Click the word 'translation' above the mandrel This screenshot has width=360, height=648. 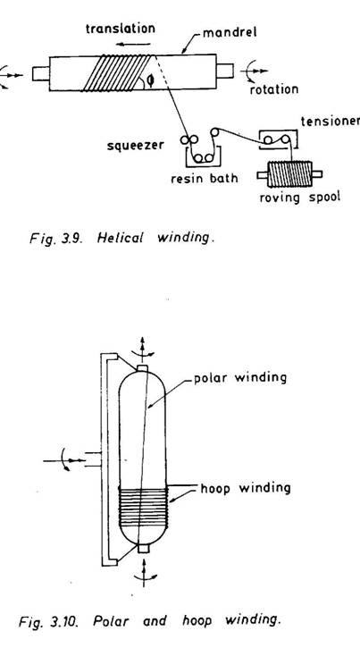pyautogui.click(x=120, y=29)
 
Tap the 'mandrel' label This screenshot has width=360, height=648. pyautogui.click(x=230, y=32)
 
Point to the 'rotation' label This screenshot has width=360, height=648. pyautogui.click(x=273, y=88)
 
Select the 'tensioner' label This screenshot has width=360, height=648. pyautogui.click(x=331, y=121)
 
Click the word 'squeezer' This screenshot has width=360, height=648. pyautogui.click(x=136, y=146)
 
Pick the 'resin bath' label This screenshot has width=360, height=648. pyautogui.click(x=205, y=178)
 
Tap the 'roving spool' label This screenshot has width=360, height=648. pyautogui.click(x=300, y=197)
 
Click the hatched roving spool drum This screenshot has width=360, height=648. pyautogui.click(x=289, y=174)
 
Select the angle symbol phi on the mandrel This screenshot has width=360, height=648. pyautogui.click(x=150, y=81)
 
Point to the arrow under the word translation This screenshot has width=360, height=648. pyautogui.click(x=132, y=44)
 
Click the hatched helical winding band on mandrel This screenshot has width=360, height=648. pyautogui.click(x=119, y=73)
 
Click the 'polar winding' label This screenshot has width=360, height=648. pyautogui.click(x=240, y=378)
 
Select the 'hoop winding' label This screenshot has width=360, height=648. pyautogui.click(x=246, y=488)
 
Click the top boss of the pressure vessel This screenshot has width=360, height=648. pyautogui.click(x=142, y=368)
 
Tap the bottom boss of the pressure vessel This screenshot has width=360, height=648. pyautogui.click(x=143, y=549)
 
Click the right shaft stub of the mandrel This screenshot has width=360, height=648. pyautogui.click(x=225, y=72)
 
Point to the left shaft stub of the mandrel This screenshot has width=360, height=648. pyautogui.click(x=41, y=73)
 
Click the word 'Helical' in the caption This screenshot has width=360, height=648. pyautogui.click(x=121, y=239)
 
